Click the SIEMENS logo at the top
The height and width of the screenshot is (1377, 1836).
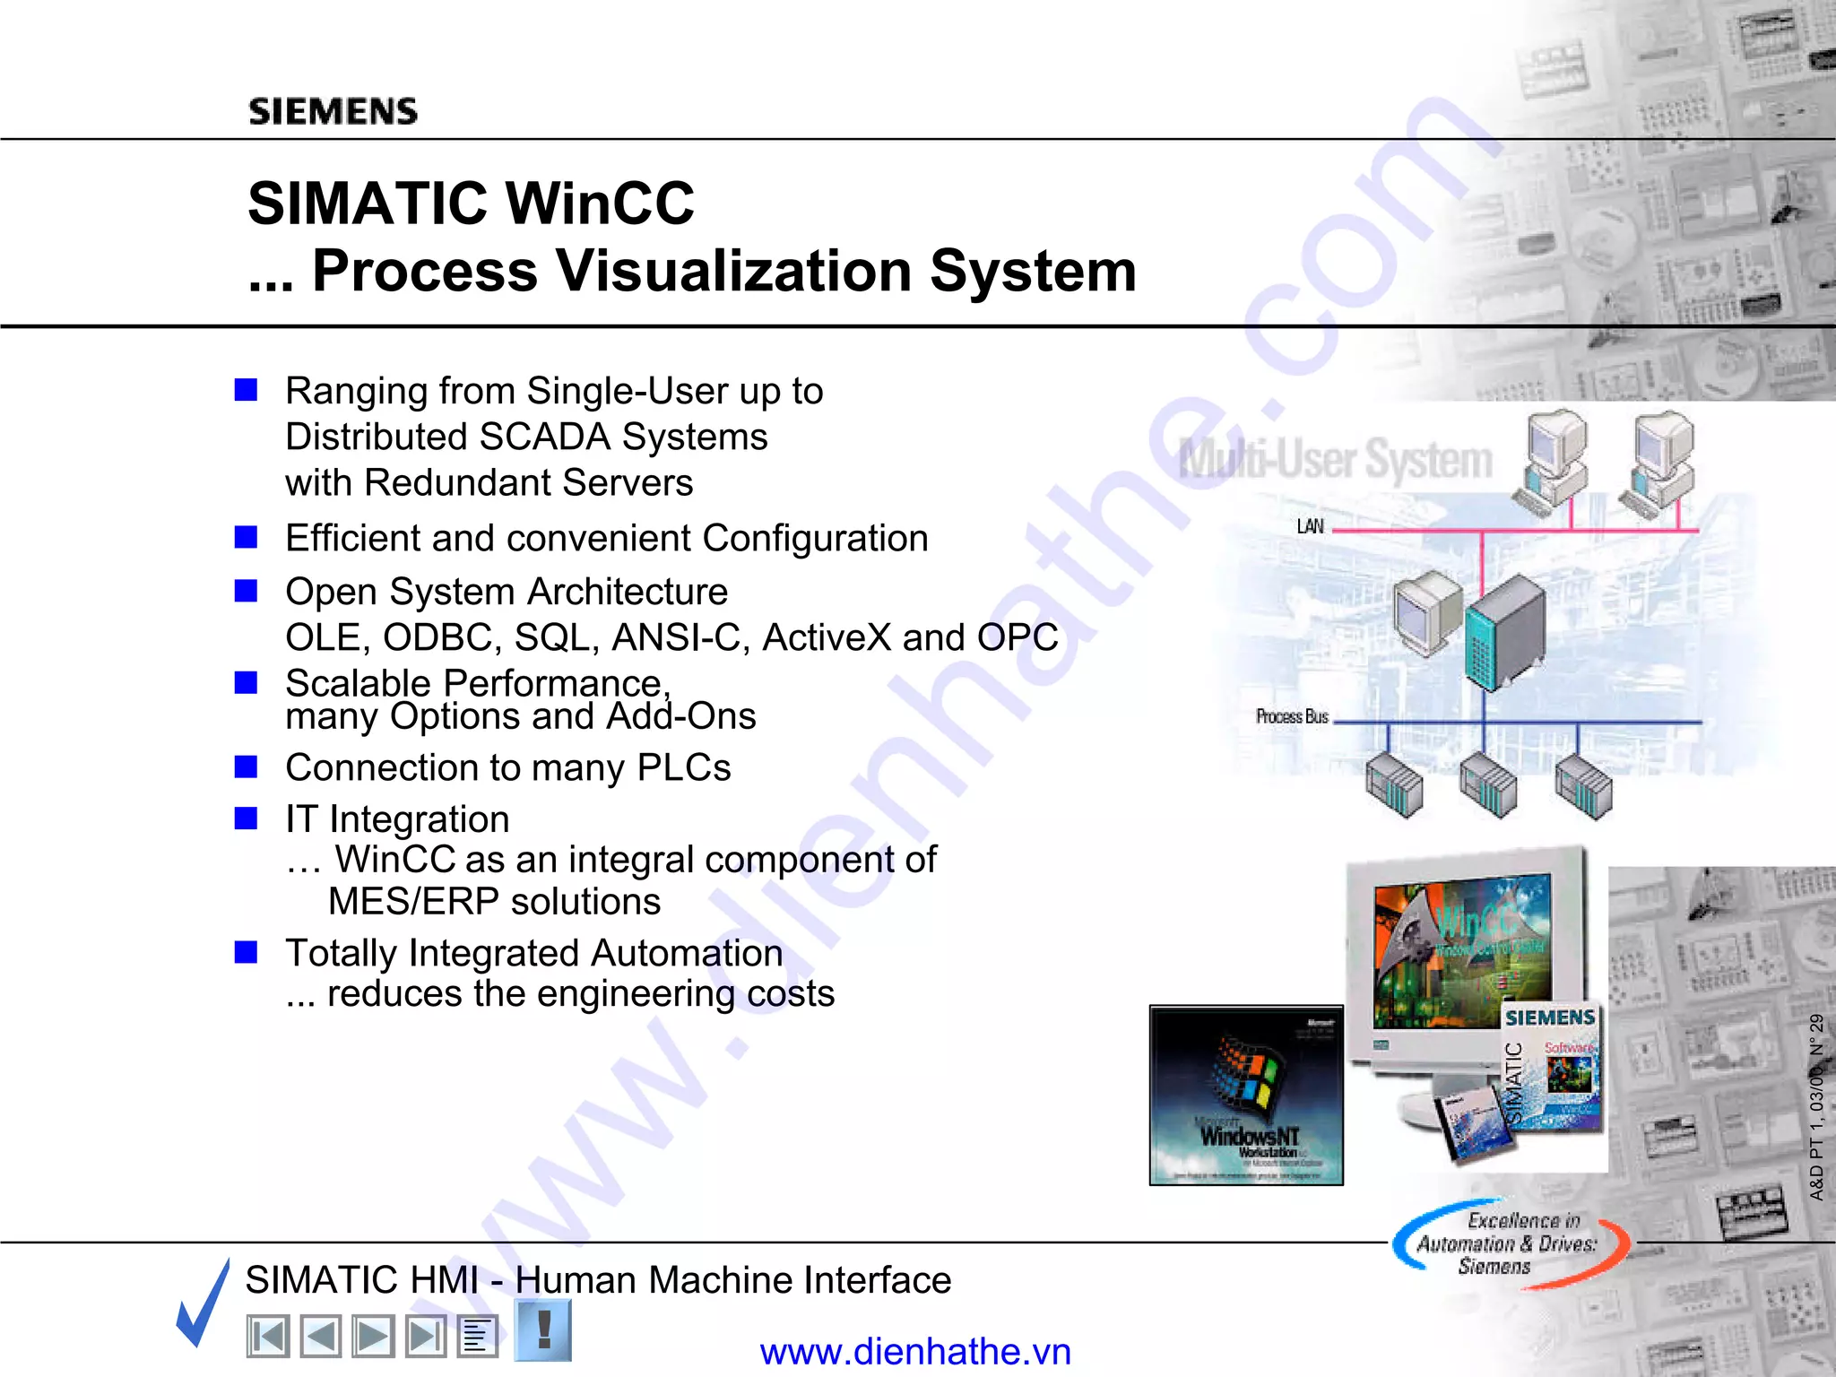point(333,111)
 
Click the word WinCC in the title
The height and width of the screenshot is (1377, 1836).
point(600,203)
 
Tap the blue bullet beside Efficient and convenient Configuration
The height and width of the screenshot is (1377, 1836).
point(246,537)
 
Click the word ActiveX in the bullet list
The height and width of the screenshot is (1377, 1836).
point(827,637)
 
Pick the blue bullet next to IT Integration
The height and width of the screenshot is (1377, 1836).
point(246,818)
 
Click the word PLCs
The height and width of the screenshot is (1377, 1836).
point(683,768)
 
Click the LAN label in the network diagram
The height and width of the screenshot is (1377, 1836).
point(1310,526)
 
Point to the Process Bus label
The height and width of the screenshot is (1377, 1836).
point(1291,716)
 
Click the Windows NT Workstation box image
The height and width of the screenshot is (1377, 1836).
point(1246,1096)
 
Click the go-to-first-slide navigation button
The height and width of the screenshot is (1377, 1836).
point(267,1337)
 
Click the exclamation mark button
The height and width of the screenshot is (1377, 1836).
point(543,1329)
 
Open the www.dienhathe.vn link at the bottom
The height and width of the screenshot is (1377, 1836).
point(915,1352)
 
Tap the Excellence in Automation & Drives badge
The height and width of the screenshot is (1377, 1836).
point(1509,1243)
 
